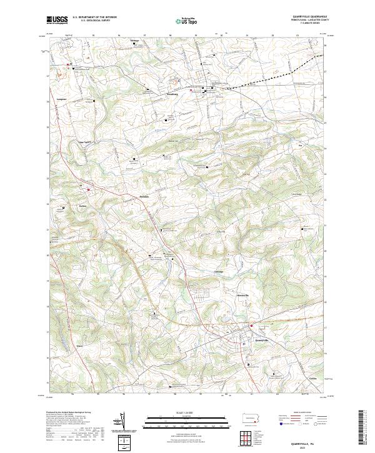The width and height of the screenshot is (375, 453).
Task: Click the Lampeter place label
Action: coord(61,99)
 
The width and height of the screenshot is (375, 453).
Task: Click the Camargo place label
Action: coord(219,272)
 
